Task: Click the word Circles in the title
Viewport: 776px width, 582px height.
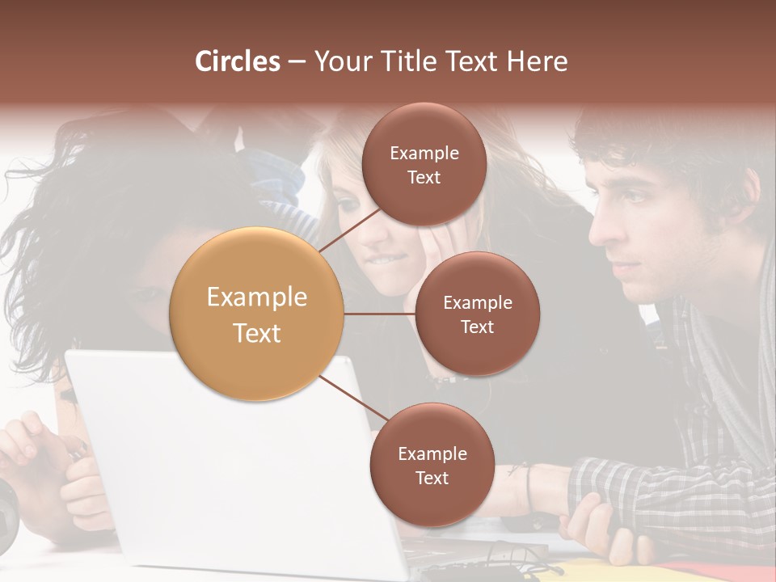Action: pyautogui.click(x=238, y=61)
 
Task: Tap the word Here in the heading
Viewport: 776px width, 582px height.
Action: pyautogui.click(x=538, y=61)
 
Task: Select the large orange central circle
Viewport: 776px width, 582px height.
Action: pyautogui.click(x=257, y=314)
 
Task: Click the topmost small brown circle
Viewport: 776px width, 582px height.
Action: pyautogui.click(x=424, y=165)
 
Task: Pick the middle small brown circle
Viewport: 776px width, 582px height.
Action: pyautogui.click(x=477, y=314)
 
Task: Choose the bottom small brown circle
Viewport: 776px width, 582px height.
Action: pyautogui.click(x=432, y=465)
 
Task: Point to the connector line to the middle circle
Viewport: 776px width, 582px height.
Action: pyautogui.click(x=380, y=314)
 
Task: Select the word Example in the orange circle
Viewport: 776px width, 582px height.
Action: pyautogui.click(x=257, y=297)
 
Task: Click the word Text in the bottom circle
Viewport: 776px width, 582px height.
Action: pyautogui.click(x=432, y=478)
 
